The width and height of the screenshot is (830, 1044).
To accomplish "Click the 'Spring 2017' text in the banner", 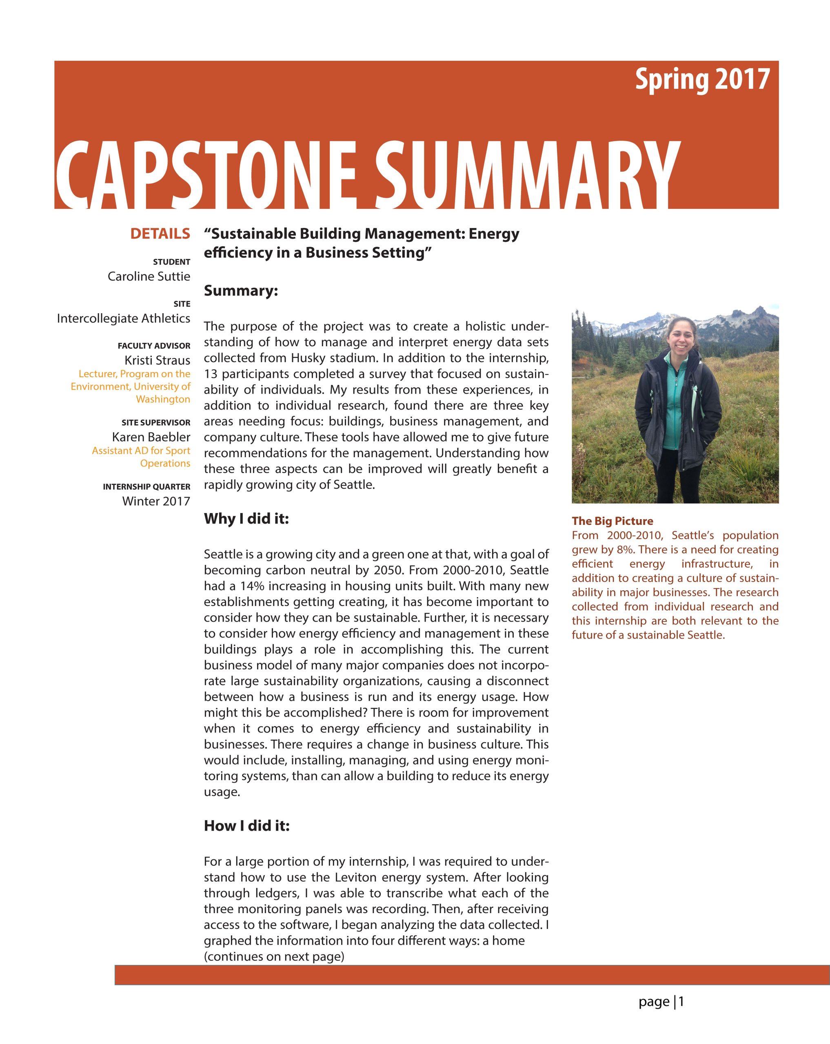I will (x=702, y=80).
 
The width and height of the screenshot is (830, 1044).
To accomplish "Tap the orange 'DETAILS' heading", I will (x=160, y=234).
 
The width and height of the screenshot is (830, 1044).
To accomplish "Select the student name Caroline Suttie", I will (x=149, y=276).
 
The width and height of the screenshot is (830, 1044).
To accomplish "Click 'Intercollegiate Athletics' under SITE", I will (x=124, y=319).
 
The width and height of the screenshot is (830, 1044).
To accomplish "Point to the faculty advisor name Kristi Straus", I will (x=158, y=360).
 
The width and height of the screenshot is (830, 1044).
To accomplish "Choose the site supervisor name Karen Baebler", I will (x=151, y=437).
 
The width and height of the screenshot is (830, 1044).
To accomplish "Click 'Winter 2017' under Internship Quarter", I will (x=156, y=501).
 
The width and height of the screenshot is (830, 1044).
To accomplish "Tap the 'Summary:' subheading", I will (x=241, y=291).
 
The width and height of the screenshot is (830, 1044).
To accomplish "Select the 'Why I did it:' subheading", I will (x=246, y=519).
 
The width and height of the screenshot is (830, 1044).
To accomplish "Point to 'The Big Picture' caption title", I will (x=612, y=521).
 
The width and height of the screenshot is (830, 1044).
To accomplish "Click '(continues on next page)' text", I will (x=274, y=957).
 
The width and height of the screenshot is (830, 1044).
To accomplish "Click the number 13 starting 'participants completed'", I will (x=211, y=374).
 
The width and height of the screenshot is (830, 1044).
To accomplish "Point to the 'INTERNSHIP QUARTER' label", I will (x=146, y=487).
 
